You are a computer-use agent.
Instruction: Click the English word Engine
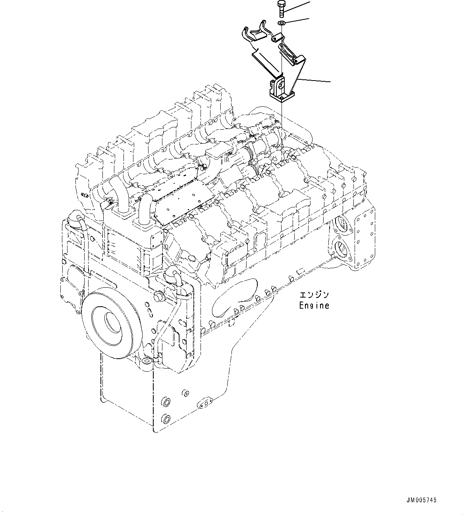314,306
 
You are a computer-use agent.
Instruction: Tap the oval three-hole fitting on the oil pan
205,404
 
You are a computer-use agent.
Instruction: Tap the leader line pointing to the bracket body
314,81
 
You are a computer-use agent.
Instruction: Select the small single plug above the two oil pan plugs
184,393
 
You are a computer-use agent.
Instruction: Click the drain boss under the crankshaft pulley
147,361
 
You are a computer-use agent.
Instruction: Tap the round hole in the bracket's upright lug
280,85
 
